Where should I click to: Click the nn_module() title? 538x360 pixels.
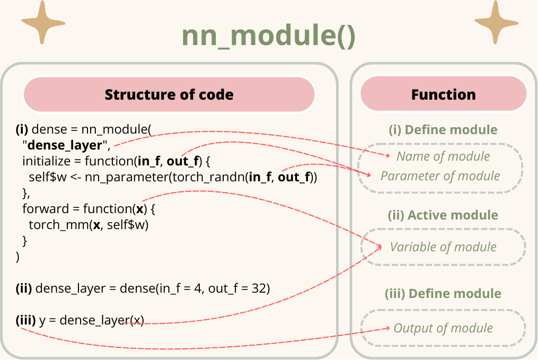[x=268, y=36]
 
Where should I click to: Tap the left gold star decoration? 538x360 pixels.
[x=43, y=23]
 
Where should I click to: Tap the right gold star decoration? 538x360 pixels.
[x=496, y=23]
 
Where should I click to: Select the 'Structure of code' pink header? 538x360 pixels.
[x=169, y=94]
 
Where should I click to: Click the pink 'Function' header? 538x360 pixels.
[x=443, y=94]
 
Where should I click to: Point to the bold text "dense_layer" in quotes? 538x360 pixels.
[x=65, y=145]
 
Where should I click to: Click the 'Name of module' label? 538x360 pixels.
[x=443, y=156]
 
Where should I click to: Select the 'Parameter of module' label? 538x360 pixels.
[x=440, y=176]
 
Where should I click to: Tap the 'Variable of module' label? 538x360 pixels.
[x=443, y=247]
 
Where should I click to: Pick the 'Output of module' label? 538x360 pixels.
[x=443, y=328]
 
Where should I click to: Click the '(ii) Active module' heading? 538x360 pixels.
[x=443, y=215]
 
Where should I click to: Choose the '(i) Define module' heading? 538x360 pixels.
[x=443, y=130]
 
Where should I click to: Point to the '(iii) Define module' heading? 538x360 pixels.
[x=443, y=294]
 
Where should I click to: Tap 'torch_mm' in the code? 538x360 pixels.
[x=59, y=225]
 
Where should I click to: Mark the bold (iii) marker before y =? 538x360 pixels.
[x=26, y=320]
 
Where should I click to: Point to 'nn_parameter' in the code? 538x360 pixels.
[x=127, y=178]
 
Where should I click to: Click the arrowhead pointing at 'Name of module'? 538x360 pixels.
[x=388, y=156]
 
